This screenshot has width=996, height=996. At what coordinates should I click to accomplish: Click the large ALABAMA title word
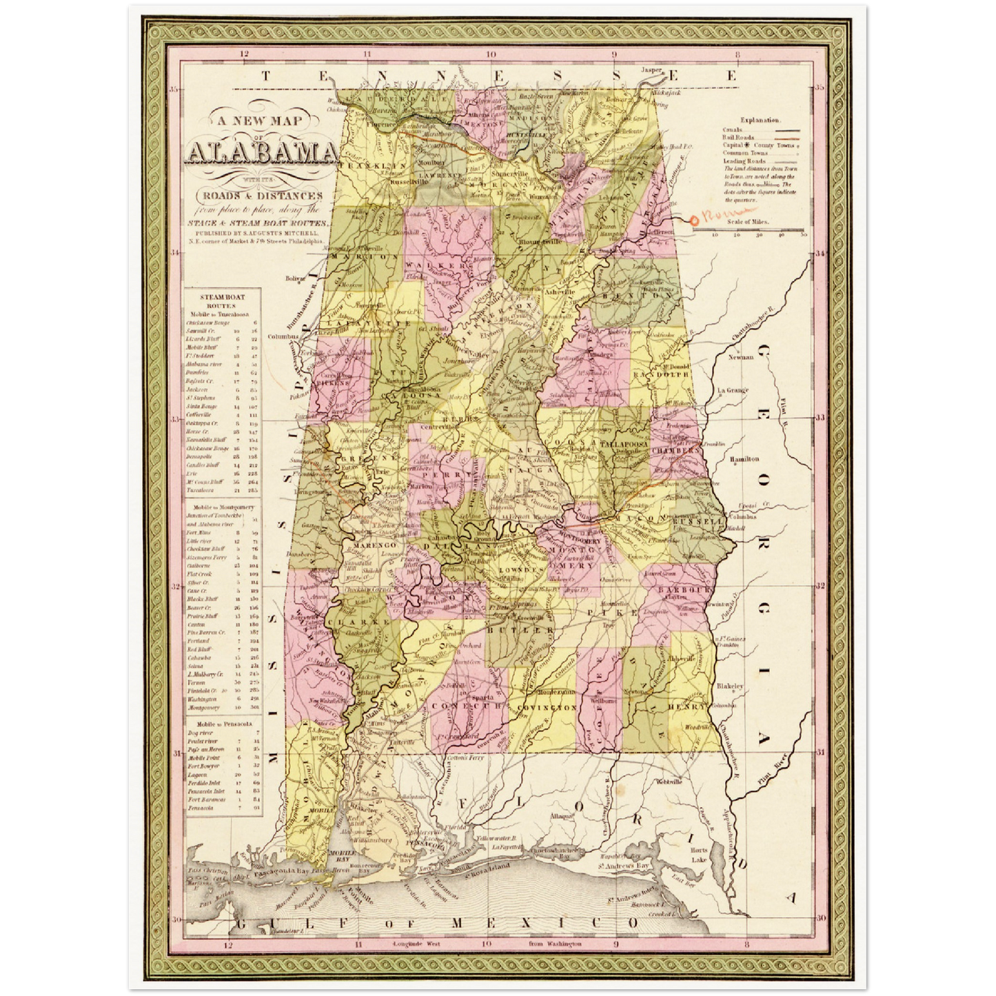(261, 154)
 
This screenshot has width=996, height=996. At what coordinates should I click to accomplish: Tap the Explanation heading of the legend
(761, 120)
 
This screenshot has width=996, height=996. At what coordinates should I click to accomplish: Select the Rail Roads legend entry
(738, 137)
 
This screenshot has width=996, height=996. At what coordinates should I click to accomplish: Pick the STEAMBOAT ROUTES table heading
(222, 301)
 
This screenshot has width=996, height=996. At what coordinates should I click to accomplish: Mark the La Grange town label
(733, 390)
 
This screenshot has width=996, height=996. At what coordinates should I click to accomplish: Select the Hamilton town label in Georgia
(744, 458)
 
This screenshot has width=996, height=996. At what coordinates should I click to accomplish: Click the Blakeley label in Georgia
(730, 687)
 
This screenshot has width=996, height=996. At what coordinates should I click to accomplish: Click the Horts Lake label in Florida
(699, 855)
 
